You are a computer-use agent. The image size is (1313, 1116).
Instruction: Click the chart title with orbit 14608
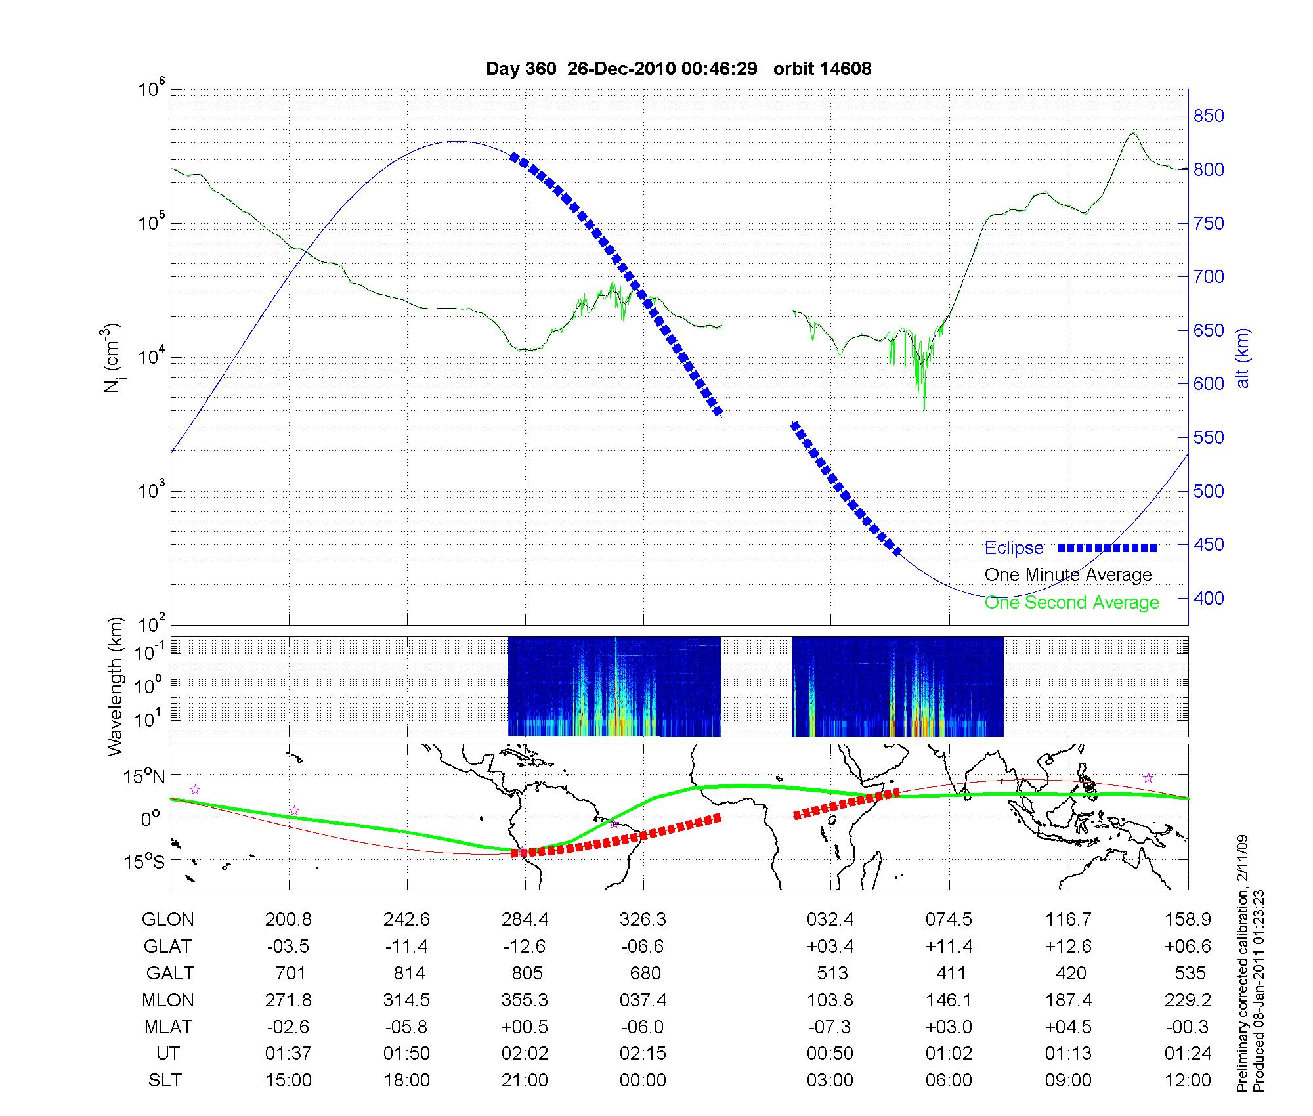point(678,69)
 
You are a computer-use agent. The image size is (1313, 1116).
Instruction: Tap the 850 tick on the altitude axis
point(1208,116)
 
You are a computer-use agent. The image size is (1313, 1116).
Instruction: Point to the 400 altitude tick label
point(1208,598)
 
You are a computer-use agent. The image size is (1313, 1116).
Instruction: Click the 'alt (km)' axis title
point(1243,358)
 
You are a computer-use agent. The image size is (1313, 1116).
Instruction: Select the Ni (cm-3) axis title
point(113,358)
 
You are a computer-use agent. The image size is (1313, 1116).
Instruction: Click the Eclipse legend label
point(1014,548)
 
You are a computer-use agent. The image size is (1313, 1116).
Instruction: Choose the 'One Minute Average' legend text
point(1068,575)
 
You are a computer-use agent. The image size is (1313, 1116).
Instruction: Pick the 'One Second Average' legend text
point(1071,603)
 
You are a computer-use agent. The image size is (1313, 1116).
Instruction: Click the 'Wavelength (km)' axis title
point(116,686)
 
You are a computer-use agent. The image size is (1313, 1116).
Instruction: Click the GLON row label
point(167,920)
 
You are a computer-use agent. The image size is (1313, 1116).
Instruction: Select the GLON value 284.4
point(525,920)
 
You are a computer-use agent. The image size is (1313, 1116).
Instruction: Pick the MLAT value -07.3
point(830,1027)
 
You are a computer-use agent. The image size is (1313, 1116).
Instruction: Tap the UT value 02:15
point(643,1054)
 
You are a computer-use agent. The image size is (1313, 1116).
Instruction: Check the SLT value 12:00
point(1188,1081)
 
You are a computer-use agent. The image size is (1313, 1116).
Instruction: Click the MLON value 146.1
point(949,1000)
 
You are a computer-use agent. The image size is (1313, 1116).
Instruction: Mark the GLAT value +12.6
point(1068,947)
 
